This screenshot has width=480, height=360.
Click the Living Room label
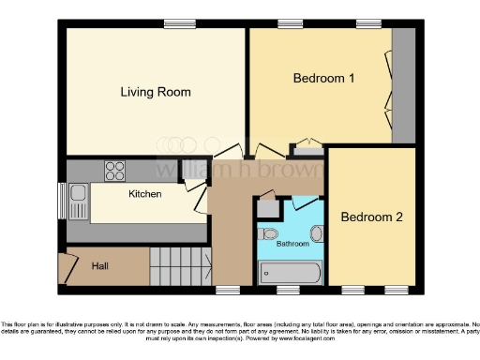click(156, 92)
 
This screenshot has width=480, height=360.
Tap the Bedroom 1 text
click(323, 79)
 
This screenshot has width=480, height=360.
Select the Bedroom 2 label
click(371, 217)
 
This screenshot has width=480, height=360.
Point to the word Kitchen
click(144, 194)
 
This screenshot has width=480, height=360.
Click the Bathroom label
click(292, 244)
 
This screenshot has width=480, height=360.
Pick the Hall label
click(100, 266)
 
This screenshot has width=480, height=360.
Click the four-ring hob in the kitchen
click(115, 171)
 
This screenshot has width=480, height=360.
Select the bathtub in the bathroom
click(290, 272)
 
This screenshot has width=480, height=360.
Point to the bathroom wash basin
click(316, 233)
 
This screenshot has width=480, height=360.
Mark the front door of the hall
click(65, 268)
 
